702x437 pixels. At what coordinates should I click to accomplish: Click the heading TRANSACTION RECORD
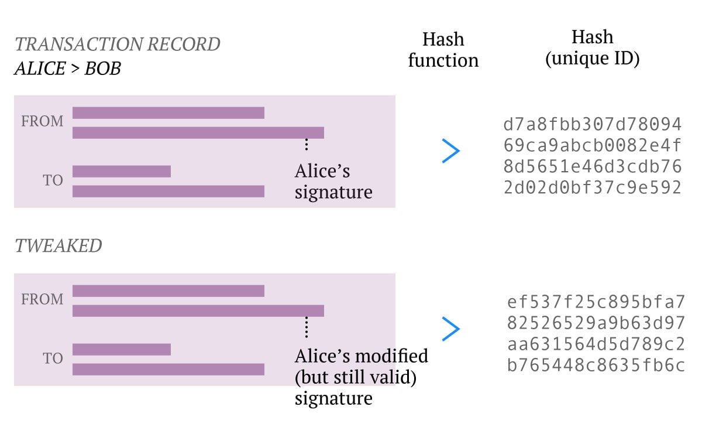pyautogui.click(x=118, y=44)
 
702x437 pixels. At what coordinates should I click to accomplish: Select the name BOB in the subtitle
pyautogui.click(x=103, y=69)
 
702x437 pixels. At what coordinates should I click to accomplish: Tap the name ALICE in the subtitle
pyautogui.click(x=40, y=69)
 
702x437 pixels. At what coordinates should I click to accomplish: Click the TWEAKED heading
pyautogui.click(x=58, y=245)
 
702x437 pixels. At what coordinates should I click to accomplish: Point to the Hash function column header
pyautogui.click(x=443, y=50)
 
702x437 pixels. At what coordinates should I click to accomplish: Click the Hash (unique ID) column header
pyautogui.click(x=592, y=47)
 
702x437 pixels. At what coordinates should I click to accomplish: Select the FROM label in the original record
pyautogui.click(x=42, y=121)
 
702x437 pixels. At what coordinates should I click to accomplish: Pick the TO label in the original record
pyautogui.click(x=53, y=180)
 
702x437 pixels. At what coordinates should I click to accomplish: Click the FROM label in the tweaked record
pyautogui.click(x=42, y=299)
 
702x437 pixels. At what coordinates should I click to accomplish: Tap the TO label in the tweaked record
pyautogui.click(x=53, y=358)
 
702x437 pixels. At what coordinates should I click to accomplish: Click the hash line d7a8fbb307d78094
pyautogui.click(x=592, y=124)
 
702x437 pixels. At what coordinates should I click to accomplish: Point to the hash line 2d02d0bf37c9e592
pyautogui.click(x=592, y=187)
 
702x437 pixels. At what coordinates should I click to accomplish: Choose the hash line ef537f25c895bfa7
pyautogui.click(x=596, y=302)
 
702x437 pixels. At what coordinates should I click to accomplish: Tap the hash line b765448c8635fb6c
pyautogui.click(x=596, y=366)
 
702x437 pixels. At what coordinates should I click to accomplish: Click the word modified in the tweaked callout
pyautogui.click(x=392, y=356)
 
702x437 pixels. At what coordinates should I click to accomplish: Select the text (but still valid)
pyautogui.click(x=356, y=377)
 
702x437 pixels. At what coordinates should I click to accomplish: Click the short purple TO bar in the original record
pyautogui.click(x=122, y=171)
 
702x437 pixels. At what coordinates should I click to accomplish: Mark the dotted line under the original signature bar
pyautogui.click(x=307, y=144)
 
